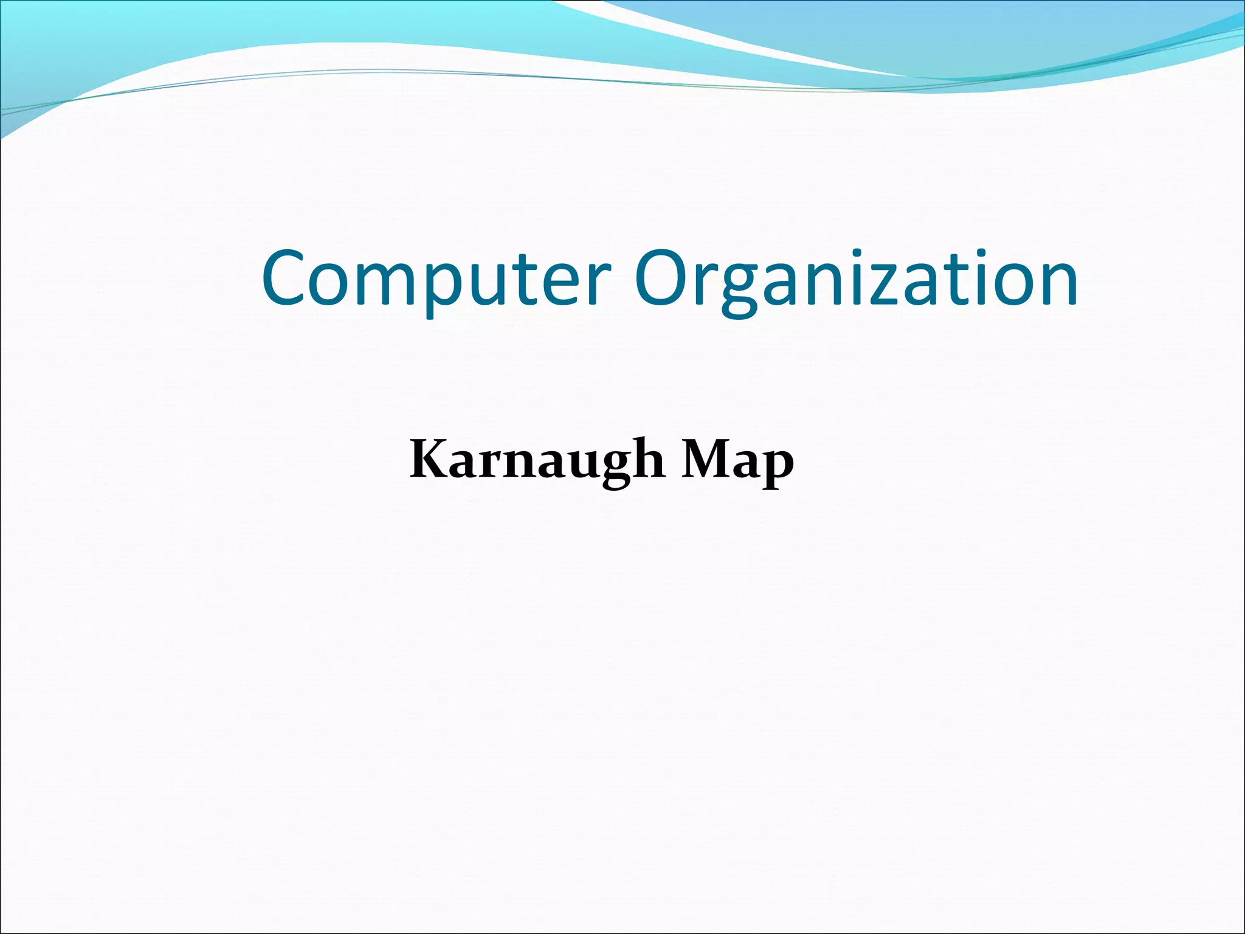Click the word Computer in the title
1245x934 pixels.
point(435,280)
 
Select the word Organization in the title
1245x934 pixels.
point(856,280)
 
